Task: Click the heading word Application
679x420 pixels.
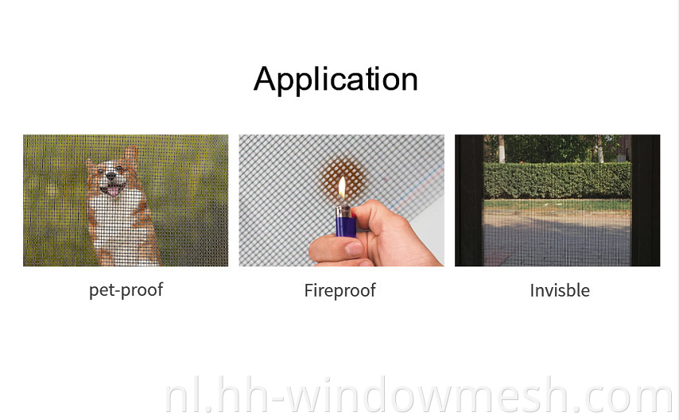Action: (336, 79)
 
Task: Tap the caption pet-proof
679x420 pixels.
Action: (126, 290)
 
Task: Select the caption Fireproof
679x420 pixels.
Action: (340, 290)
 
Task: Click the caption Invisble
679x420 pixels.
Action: (560, 290)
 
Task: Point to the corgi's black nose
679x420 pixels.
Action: (111, 176)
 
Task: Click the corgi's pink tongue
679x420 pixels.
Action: (114, 191)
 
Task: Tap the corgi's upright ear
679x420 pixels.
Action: (130, 155)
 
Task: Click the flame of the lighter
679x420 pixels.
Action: (342, 188)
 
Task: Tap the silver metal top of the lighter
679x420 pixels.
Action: (343, 212)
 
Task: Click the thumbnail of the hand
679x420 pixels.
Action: (355, 248)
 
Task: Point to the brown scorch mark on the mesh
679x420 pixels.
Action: (344, 177)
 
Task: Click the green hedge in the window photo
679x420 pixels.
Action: (557, 181)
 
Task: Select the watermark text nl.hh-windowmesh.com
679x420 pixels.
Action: (418, 395)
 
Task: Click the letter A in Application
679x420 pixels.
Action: (265, 79)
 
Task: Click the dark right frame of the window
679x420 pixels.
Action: (646, 200)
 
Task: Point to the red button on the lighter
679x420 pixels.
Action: (353, 214)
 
